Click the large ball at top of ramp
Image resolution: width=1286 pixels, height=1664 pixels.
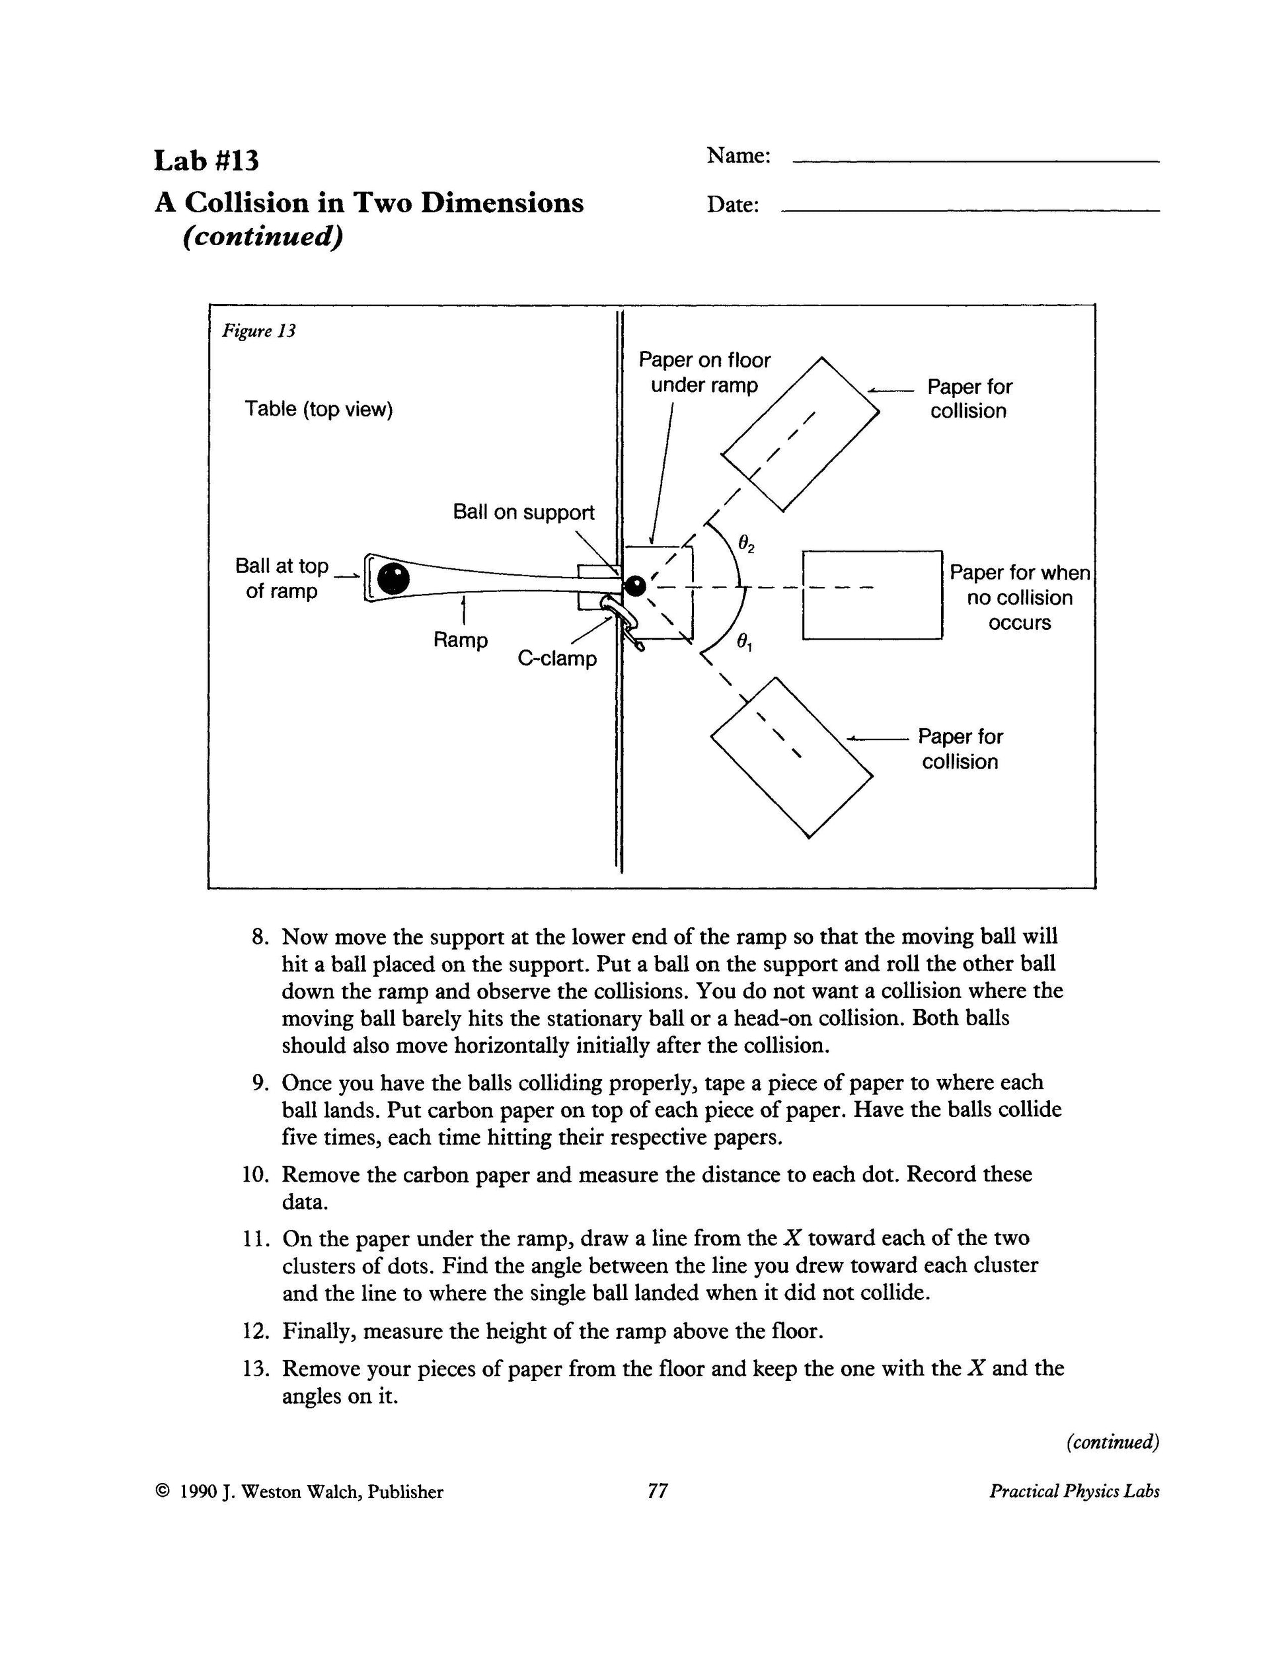(393, 579)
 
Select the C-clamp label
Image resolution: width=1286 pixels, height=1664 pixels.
(557, 658)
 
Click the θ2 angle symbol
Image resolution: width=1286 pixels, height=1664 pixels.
(746, 544)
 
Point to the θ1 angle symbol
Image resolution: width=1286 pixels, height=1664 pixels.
(744, 643)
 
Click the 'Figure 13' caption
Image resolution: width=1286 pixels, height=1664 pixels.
(258, 330)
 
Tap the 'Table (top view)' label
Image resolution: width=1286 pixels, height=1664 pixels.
(319, 409)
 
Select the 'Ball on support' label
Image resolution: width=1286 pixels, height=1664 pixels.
(523, 512)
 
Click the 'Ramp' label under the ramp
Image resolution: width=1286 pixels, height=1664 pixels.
(460, 639)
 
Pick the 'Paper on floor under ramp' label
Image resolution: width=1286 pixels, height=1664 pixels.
(704, 373)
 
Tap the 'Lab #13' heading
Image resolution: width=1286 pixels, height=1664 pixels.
(206, 161)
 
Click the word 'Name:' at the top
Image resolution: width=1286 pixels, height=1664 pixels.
(738, 155)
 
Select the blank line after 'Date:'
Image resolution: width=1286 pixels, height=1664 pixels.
(971, 210)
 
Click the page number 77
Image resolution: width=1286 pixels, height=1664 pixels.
(658, 1491)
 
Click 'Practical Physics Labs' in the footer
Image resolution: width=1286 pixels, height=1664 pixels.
(1073, 1491)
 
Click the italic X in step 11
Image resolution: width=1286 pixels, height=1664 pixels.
(792, 1238)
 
